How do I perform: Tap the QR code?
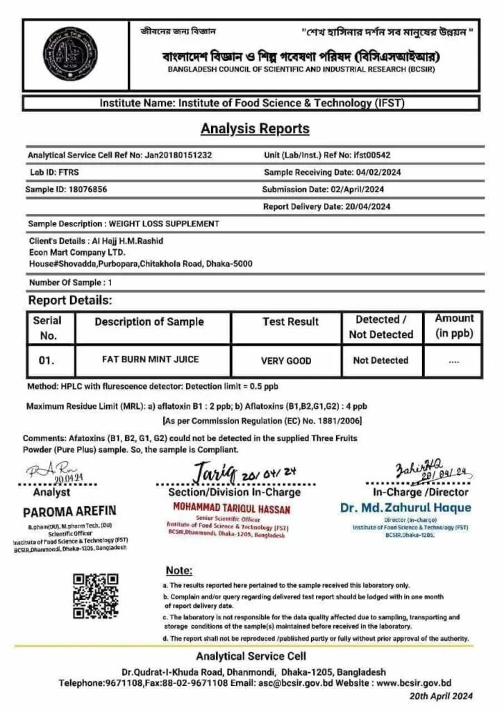(x=97, y=595)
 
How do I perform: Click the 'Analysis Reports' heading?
(x=255, y=129)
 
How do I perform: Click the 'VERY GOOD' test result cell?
(x=286, y=361)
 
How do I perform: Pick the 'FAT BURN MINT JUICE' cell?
(x=149, y=360)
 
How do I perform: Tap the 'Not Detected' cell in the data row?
(x=380, y=361)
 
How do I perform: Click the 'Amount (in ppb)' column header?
(x=454, y=326)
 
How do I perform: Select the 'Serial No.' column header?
(x=47, y=327)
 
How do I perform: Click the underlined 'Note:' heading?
(x=179, y=570)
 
